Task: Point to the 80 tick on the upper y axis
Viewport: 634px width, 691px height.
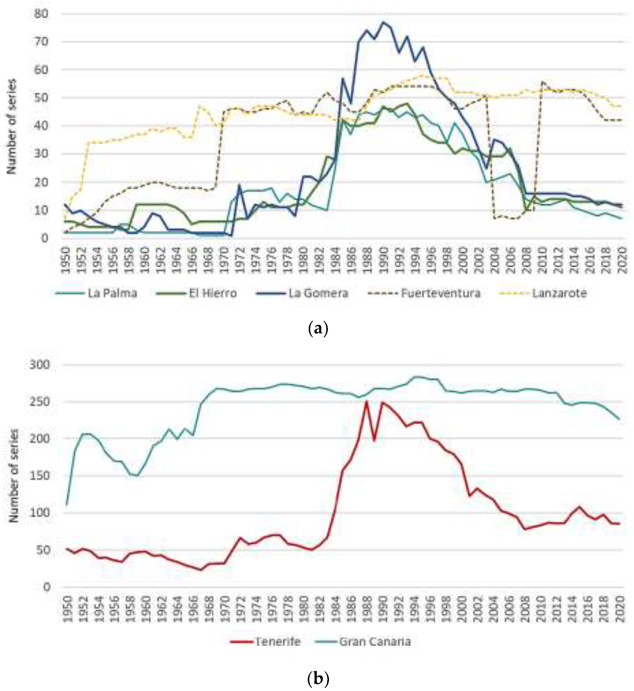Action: tap(41, 14)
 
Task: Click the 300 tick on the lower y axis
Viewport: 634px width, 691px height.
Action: tap(40, 365)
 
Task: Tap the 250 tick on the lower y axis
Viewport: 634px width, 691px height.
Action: tap(40, 402)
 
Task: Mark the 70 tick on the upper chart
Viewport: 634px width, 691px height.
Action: tap(41, 42)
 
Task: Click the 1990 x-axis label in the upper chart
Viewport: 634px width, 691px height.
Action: tap(383, 260)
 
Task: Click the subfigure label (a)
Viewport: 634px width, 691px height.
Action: tap(318, 329)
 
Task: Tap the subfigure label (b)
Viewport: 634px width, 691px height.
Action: tap(318, 679)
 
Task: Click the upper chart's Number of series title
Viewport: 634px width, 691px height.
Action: tap(12, 126)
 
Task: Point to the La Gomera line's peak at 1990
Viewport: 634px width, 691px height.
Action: tap(383, 22)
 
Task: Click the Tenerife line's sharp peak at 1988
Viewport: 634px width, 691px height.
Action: tap(366, 402)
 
